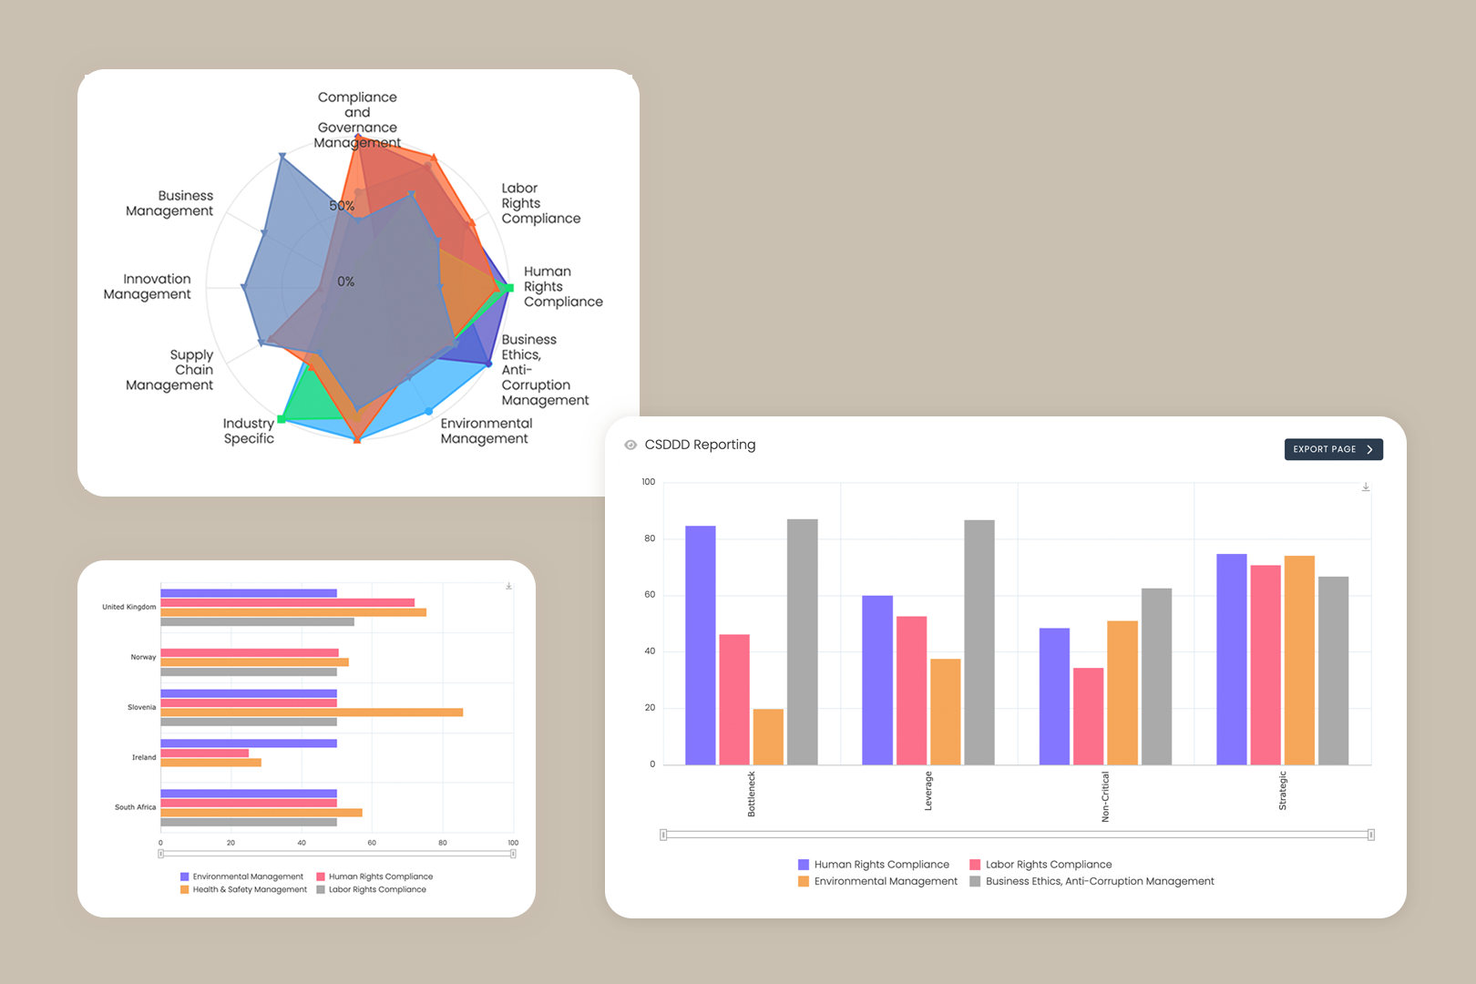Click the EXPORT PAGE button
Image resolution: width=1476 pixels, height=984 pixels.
coord(1333,449)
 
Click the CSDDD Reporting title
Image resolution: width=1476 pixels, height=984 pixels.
coord(700,445)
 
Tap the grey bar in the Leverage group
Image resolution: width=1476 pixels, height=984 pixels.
coord(979,642)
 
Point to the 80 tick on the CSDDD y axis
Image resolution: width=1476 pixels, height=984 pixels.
coord(650,538)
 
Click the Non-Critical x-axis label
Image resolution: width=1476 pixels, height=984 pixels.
coord(1105,796)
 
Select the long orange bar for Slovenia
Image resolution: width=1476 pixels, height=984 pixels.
coord(312,712)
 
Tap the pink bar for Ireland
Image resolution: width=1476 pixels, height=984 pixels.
coord(205,753)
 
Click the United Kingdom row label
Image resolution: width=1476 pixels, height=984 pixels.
coord(128,607)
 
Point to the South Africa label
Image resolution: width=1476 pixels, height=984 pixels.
coord(135,807)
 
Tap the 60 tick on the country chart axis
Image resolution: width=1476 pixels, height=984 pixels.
coord(372,843)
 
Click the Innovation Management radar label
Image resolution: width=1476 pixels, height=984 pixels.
coord(148,286)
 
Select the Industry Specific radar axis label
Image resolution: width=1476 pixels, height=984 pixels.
coord(248,430)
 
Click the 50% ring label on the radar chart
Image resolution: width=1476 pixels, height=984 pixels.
coord(342,206)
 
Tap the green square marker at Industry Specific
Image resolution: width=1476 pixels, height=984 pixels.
coord(282,418)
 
